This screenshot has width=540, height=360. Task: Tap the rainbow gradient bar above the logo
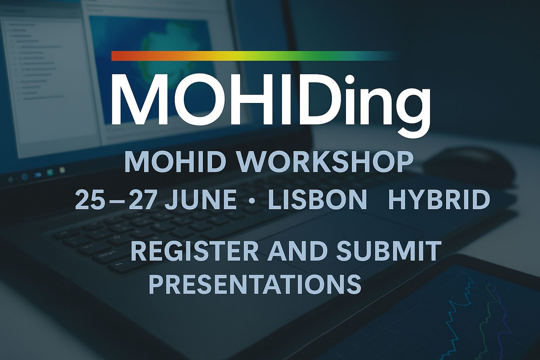(x=254, y=56)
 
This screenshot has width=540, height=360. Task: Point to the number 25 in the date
(x=90, y=199)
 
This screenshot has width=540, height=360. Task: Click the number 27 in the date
(x=142, y=199)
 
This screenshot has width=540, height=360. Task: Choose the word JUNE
(x=201, y=199)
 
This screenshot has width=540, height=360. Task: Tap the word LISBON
(x=317, y=199)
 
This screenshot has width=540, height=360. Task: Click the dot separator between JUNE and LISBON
(x=252, y=201)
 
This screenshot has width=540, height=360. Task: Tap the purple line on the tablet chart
(x=503, y=321)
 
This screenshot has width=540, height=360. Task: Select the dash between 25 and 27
(x=117, y=201)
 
